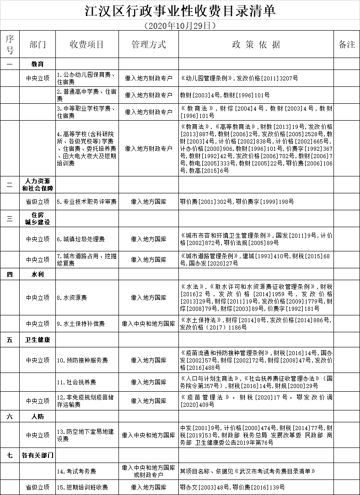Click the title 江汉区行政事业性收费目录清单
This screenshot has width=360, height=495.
[x=180, y=10]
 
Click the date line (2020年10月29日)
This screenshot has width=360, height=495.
[x=179, y=25]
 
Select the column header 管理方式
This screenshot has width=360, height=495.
[x=148, y=44]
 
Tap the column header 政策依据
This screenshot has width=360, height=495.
[x=256, y=44]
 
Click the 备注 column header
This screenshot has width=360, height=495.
[x=346, y=44]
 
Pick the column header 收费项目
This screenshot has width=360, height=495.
[x=87, y=44]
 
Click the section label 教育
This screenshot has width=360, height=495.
[x=38, y=64]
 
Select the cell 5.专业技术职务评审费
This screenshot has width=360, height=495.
[x=86, y=201]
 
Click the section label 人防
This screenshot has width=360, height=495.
[x=38, y=416]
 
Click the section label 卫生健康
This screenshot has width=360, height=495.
[x=38, y=340]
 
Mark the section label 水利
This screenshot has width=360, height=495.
[x=38, y=274]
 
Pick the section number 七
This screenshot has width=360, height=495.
[x=10, y=455]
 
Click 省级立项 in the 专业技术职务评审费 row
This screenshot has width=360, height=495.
[x=38, y=201]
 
